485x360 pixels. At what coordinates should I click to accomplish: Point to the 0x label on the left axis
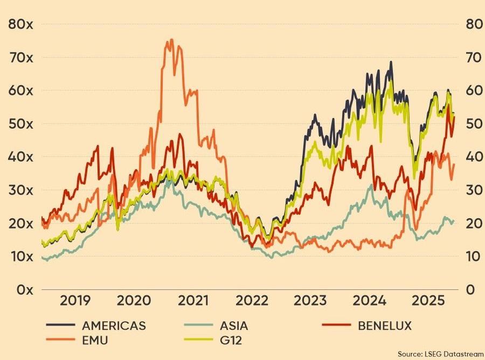[22, 289]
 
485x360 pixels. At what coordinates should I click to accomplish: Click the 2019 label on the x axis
[75, 301]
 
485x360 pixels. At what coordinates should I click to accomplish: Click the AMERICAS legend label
[114, 326]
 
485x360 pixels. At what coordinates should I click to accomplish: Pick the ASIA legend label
[234, 326]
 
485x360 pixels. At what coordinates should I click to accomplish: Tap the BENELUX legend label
[384, 326]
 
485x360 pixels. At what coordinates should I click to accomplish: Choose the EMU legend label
[96, 340]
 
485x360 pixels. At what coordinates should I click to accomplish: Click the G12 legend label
[232, 340]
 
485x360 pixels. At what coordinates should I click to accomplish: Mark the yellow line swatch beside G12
[197, 340]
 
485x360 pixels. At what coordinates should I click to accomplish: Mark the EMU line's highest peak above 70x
[171, 39]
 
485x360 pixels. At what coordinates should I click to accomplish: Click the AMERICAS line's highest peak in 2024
[391, 62]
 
